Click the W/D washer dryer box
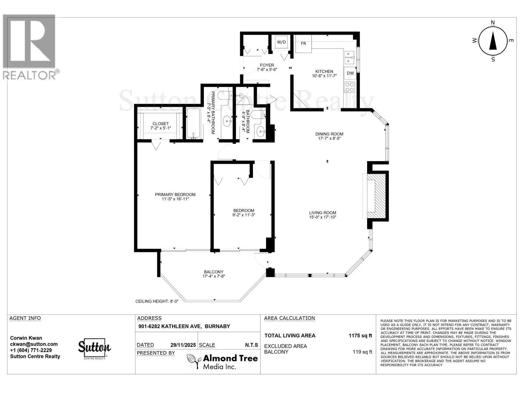(281, 42)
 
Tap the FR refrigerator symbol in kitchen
(303, 44)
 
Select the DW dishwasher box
(350, 73)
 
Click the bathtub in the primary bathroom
(193, 123)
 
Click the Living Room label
(323, 213)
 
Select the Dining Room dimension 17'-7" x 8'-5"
(329, 139)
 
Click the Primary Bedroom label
(175, 195)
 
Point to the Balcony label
(213, 272)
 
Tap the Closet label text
(160, 123)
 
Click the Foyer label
(267, 65)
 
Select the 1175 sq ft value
(360, 335)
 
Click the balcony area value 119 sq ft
(362, 352)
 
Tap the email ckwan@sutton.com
(34, 344)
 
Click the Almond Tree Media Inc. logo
(222, 362)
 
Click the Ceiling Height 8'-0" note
(160, 301)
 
